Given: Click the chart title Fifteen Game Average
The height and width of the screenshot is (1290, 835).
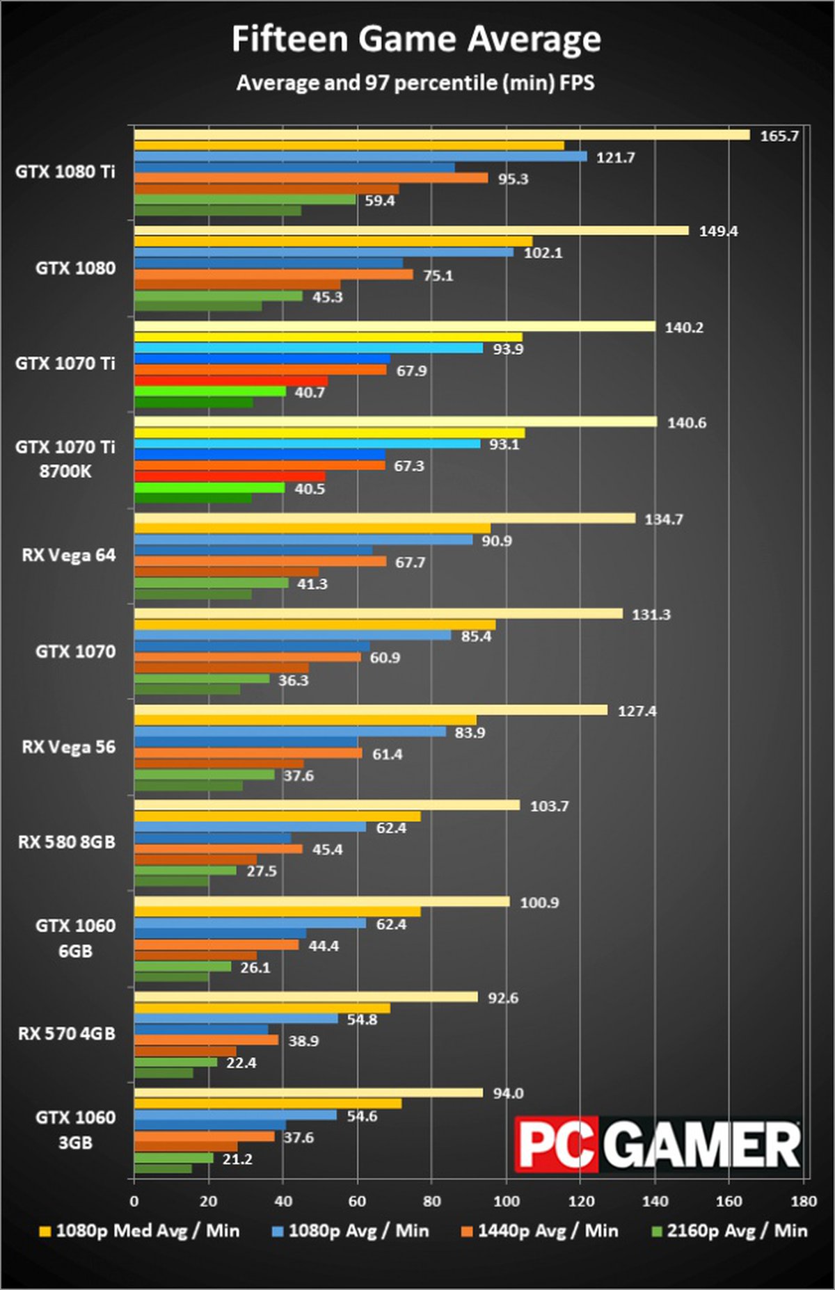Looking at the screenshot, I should pos(416,40).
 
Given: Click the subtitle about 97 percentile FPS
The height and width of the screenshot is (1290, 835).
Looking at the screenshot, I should pos(415,83).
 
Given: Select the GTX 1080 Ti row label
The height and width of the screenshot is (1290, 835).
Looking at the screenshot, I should pos(65,172).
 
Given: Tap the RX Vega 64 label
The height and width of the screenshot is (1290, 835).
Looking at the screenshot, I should pos(69,556).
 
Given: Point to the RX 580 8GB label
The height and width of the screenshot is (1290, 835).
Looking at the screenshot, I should pos(67,842).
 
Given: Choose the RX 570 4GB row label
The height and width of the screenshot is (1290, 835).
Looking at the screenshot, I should pos(67,1034).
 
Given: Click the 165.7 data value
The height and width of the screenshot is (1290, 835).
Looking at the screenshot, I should pos(779,136).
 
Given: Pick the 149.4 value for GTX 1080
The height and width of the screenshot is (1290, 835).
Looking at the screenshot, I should pos(718,232).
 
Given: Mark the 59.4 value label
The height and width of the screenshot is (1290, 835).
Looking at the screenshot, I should pos(380,201).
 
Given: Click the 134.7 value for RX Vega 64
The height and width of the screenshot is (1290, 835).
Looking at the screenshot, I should pos(664,519).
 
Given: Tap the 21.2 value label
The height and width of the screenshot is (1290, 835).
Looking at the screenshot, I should pos(237,1159).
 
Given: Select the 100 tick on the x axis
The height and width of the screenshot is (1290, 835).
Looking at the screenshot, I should pos(506,1201).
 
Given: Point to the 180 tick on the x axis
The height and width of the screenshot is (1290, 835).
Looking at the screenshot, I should pos(804,1201).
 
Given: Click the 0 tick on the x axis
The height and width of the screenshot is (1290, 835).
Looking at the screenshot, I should pos(134,1201).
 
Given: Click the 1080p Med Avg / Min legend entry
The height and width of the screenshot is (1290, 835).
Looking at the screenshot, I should pos(140,1231).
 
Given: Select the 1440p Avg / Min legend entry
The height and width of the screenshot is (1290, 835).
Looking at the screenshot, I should pos(540,1231).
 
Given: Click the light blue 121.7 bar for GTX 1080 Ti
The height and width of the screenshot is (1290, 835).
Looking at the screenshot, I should pos(360,157).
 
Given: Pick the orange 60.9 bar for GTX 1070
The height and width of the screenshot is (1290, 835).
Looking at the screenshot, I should pos(248,657).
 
